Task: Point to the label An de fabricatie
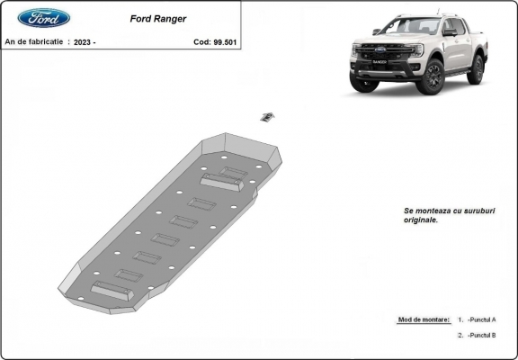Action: pyautogui.click(x=34, y=41)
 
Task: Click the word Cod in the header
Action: pyautogui.click(x=199, y=41)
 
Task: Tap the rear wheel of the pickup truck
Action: pyautogui.click(x=477, y=69)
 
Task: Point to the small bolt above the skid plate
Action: pyautogui.click(x=267, y=116)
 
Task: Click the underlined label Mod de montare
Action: pyautogui.click(x=422, y=319)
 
